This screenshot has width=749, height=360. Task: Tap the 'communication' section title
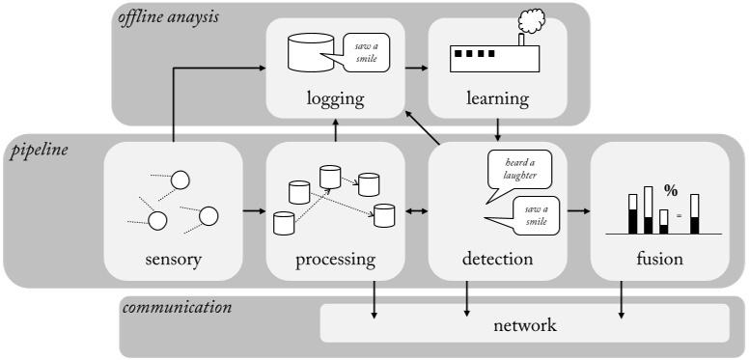[177, 309]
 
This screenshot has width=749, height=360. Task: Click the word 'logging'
[335, 98]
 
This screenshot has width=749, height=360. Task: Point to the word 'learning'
[496, 98]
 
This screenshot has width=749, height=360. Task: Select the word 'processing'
[335, 259]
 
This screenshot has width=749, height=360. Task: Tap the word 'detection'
[496, 259]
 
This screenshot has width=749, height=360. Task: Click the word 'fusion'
[659, 259]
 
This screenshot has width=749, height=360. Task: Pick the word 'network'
[524, 325]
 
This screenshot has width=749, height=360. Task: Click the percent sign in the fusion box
[671, 191]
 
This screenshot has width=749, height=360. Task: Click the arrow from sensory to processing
[254, 209]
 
